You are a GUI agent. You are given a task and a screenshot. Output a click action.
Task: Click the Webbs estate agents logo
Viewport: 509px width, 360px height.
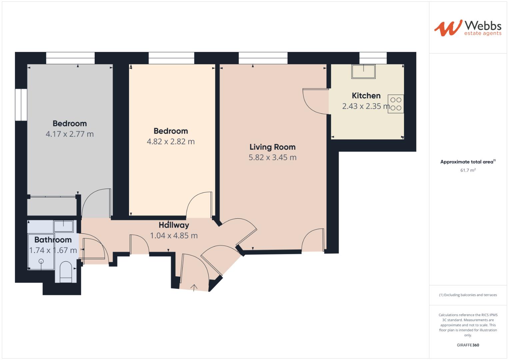pyautogui.click(x=467, y=28)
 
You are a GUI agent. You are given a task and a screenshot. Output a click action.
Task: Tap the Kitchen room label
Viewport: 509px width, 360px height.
pyautogui.click(x=366, y=96)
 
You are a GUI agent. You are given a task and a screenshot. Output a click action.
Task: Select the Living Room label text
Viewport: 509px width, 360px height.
pyautogui.click(x=272, y=147)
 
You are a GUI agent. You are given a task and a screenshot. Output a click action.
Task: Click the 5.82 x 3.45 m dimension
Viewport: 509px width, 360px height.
pyautogui.click(x=272, y=157)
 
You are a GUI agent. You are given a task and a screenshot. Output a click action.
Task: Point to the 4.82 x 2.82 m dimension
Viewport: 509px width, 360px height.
pyautogui.click(x=171, y=141)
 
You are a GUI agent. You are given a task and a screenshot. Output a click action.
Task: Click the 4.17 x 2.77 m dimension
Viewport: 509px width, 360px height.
pyautogui.click(x=70, y=134)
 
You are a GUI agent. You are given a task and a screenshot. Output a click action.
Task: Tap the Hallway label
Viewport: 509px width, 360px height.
pyautogui.click(x=174, y=225)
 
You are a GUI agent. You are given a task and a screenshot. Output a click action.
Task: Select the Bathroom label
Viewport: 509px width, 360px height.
pyautogui.click(x=53, y=240)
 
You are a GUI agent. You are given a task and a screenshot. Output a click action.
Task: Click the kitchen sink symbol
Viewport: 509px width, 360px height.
pyautogui.click(x=363, y=71)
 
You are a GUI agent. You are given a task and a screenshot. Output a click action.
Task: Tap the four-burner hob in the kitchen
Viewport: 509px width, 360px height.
pyautogui.click(x=396, y=104)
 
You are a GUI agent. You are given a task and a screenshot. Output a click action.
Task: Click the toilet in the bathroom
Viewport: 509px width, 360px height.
pyautogui.click(x=66, y=271)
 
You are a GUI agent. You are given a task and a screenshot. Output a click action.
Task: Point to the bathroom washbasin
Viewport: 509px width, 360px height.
pyautogui.click(x=64, y=226)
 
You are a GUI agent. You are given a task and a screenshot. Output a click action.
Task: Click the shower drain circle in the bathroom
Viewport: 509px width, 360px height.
pyautogui.click(x=41, y=261)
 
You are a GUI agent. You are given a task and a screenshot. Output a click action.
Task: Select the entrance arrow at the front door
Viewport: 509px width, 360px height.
pyautogui.click(x=194, y=287)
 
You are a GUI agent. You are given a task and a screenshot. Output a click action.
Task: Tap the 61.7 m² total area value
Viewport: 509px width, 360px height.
pyautogui.click(x=468, y=170)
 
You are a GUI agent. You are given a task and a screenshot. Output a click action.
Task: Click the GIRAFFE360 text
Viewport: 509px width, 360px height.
pyautogui.click(x=468, y=345)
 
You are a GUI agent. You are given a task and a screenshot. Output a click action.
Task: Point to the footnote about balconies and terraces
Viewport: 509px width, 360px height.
pyautogui.click(x=468, y=295)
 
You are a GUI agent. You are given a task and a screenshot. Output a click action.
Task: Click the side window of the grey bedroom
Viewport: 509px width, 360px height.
pyautogui.click(x=21, y=104)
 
